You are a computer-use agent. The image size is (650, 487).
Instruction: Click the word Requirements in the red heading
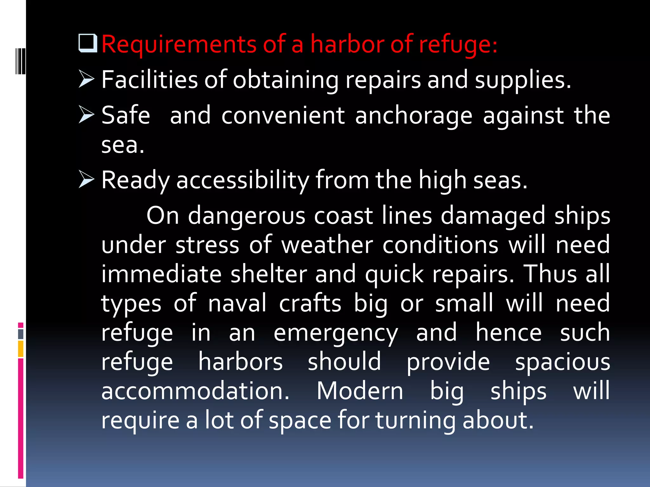179,44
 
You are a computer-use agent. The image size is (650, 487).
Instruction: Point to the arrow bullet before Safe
86,114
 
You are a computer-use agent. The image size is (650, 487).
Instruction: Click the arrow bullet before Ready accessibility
86,179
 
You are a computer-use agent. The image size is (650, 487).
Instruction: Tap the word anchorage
414,116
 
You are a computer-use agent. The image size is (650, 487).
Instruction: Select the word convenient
283,116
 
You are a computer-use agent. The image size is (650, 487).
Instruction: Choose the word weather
327,245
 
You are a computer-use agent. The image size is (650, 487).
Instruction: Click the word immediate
161,274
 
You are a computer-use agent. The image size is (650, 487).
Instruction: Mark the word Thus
550,274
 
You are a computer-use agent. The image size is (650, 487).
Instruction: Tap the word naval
237,303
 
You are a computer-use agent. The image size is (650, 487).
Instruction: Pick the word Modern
360,391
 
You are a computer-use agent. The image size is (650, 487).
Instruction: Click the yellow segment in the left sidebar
21,349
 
